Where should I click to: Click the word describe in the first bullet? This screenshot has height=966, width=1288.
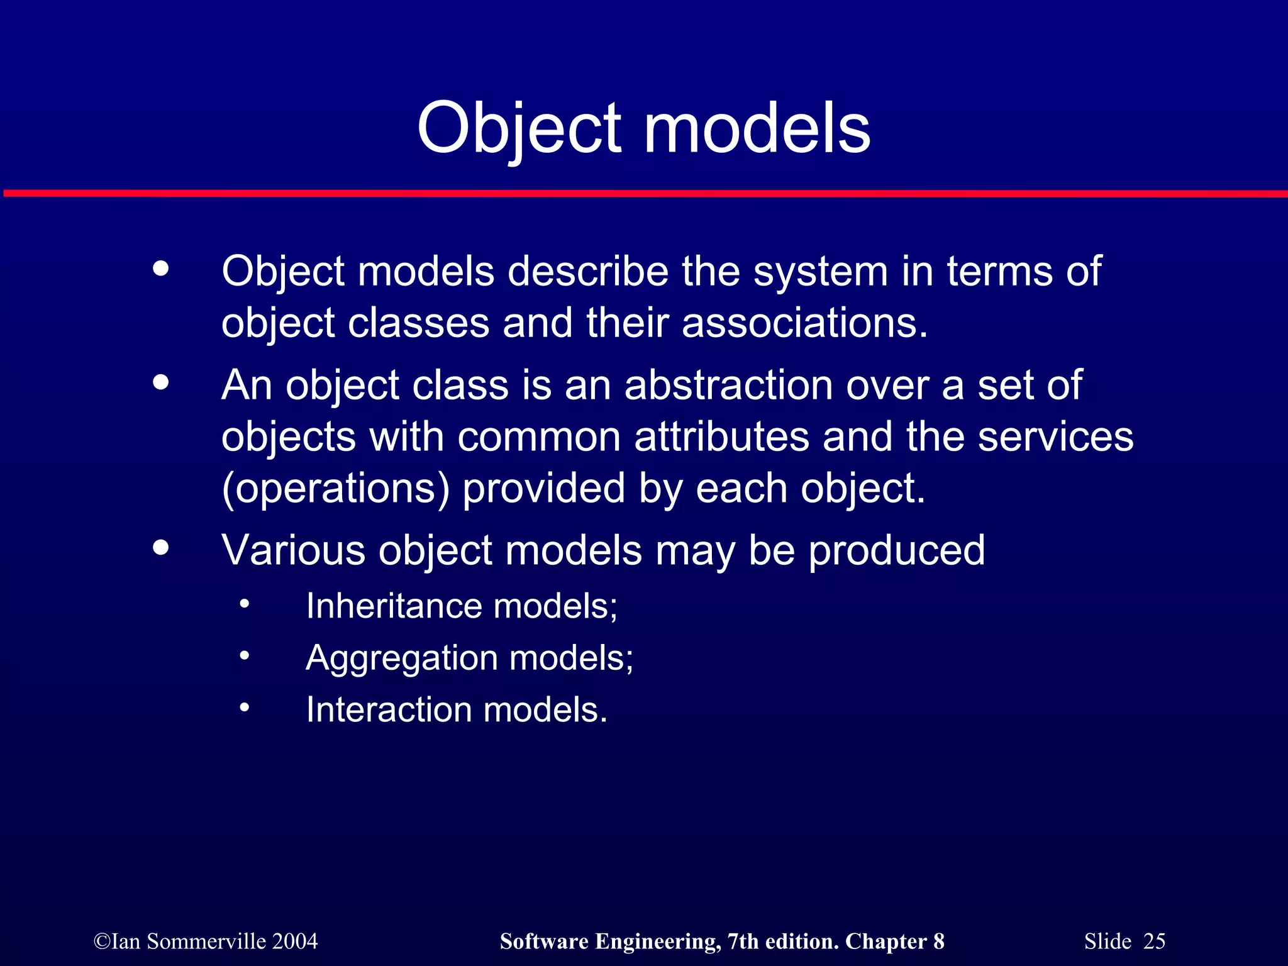coord(587,272)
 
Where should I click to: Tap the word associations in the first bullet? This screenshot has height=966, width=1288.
coord(804,323)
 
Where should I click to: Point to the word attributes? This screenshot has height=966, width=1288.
coord(721,436)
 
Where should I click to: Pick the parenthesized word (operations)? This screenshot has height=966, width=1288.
coord(335,489)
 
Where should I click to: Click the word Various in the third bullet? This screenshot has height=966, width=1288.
coord(293,550)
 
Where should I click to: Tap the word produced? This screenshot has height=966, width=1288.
coord(896,550)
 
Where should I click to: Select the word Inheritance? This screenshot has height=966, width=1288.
coord(394,606)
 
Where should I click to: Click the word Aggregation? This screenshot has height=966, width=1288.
coord(401,658)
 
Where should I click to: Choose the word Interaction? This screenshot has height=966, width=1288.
coord(389,710)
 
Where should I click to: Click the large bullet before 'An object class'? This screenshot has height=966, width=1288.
coord(161,382)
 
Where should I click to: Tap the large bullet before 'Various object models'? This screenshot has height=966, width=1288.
coord(161,547)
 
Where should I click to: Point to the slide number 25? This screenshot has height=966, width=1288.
coord(1154,941)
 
